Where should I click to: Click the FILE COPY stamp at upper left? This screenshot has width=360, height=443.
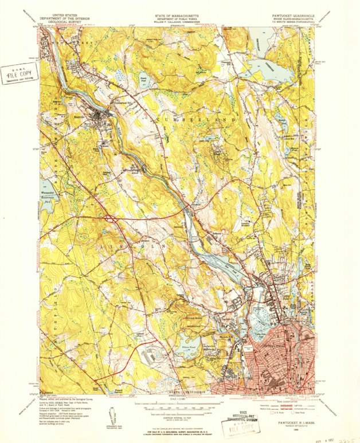click(x=19, y=74)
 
